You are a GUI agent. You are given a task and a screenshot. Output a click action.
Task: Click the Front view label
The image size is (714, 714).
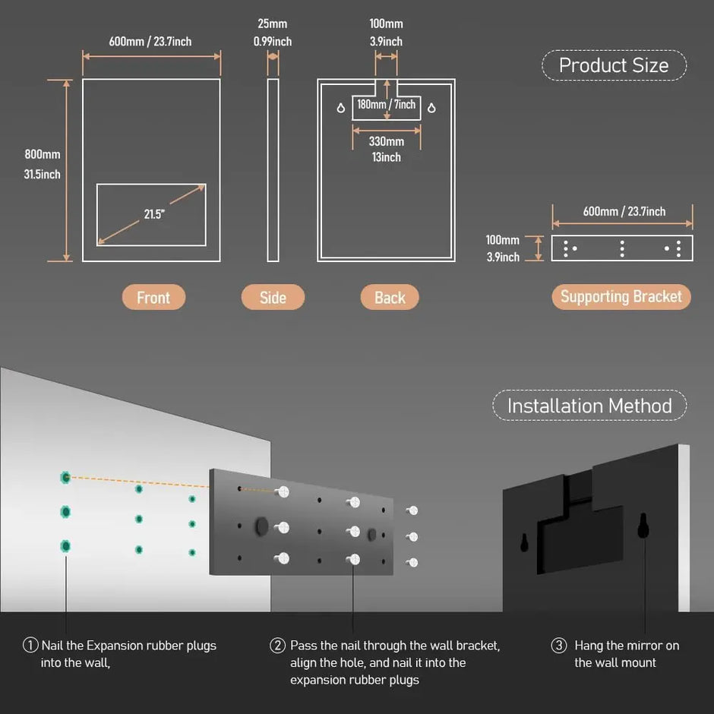point(153,298)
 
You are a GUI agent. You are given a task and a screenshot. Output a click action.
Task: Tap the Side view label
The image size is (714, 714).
point(273,298)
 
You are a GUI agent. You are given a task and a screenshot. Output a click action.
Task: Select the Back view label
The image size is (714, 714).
point(390,298)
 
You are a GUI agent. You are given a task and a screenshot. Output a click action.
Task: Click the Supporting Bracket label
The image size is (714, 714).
point(621,297)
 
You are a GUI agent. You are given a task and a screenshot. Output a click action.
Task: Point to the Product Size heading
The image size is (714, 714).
point(614,65)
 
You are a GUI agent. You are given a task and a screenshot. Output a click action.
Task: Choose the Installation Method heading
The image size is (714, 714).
point(589,406)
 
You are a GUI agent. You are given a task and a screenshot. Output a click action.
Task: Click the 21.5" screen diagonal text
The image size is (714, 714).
point(154,214)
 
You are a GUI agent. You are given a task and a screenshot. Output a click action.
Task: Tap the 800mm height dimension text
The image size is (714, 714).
point(43,155)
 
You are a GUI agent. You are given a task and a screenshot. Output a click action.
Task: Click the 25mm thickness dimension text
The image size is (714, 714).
point(272,24)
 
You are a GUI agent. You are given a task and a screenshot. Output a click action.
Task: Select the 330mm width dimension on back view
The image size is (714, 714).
point(386,141)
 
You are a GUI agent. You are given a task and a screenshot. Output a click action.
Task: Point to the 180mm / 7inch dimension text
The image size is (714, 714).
point(387,104)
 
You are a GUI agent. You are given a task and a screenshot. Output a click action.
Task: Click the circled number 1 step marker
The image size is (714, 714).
point(30,646)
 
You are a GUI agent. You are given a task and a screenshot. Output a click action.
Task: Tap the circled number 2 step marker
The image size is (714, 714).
point(277,646)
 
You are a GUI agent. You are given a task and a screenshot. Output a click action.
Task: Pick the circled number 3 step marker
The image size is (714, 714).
point(558,646)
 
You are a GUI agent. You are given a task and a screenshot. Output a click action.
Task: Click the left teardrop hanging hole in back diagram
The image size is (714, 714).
point(340,108)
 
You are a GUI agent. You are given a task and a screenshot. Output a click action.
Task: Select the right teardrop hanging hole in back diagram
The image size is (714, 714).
point(431,108)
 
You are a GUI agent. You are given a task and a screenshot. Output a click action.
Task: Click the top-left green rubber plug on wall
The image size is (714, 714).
point(66,477)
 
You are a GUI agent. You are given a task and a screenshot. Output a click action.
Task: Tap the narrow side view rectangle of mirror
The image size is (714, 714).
point(273,169)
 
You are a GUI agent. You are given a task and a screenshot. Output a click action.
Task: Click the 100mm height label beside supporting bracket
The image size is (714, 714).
point(503,240)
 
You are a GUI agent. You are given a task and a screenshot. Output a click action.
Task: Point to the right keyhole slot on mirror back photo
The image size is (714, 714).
point(643,525)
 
